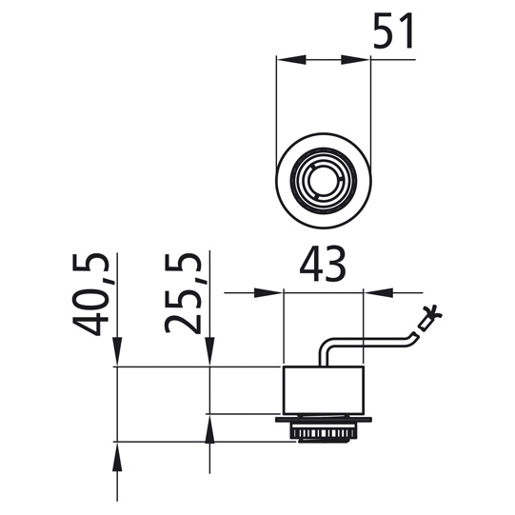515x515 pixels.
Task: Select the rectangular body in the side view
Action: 324,390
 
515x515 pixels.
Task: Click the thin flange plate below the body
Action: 324,418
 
